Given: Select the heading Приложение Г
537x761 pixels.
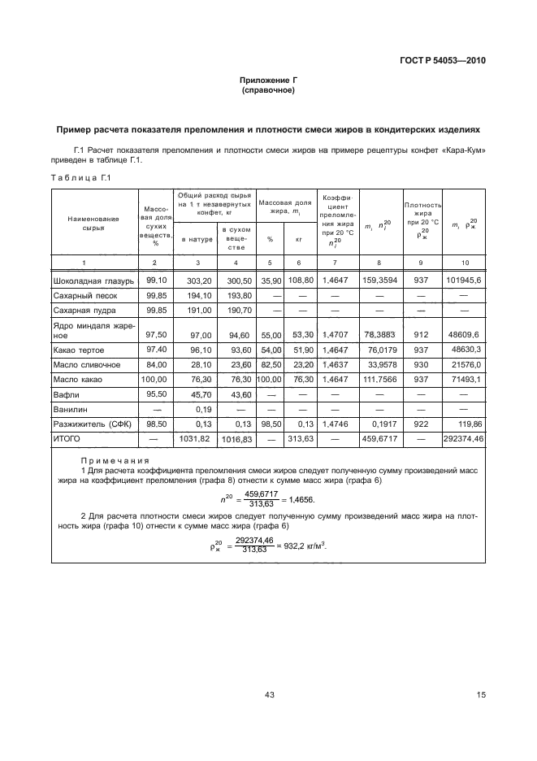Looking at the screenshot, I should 267,80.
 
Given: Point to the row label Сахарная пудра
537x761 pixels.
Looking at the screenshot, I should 84,311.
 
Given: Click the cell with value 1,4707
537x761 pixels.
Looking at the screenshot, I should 334,333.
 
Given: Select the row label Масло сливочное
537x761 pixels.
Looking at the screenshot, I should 87,364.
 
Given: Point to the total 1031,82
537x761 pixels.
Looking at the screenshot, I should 195,439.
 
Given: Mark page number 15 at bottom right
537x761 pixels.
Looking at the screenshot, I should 480,694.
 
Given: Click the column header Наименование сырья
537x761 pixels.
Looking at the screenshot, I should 93,224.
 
